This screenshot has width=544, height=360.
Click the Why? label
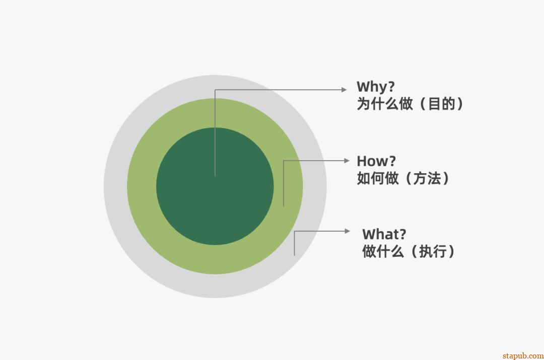(375, 87)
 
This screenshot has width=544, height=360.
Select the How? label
(376, 162)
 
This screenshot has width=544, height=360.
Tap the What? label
(384, 234)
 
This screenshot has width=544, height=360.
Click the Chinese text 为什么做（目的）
(410, 104)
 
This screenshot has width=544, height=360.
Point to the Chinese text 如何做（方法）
(403, 178)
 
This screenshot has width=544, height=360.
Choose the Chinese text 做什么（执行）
(409, 251)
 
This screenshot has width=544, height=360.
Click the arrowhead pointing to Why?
(344, 90)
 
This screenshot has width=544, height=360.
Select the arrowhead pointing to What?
(347, 231)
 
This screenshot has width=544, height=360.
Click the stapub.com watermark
(523, 355)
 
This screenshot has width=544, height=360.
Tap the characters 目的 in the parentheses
(441, 104)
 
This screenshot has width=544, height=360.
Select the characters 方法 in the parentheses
(427, 178)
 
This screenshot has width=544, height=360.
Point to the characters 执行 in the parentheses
(433, 251)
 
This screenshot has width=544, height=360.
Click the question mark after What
(402, 234)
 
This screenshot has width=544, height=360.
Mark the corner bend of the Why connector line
(215, 90)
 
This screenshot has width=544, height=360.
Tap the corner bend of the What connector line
(295, 232)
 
